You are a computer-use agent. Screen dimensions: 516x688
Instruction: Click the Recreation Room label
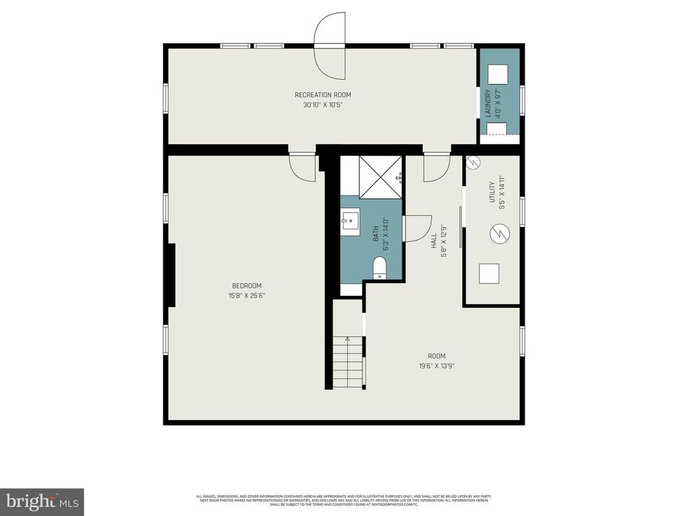[322, 95]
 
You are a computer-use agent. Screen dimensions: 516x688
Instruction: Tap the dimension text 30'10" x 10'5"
[322, 105]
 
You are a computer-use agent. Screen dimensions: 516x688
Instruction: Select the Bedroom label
[247, 286]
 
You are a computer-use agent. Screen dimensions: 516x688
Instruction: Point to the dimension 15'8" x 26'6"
[247, 296]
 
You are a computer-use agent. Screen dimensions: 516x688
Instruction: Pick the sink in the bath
[349, 220]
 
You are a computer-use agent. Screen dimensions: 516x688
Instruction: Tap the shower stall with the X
[380, 177]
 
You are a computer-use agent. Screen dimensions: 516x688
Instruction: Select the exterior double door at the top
[330, 46]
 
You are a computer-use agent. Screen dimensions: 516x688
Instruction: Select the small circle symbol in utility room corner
[473, 163]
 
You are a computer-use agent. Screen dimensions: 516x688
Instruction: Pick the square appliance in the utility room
[489, 273]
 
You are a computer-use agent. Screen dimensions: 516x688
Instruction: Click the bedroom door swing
[302, 167]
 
